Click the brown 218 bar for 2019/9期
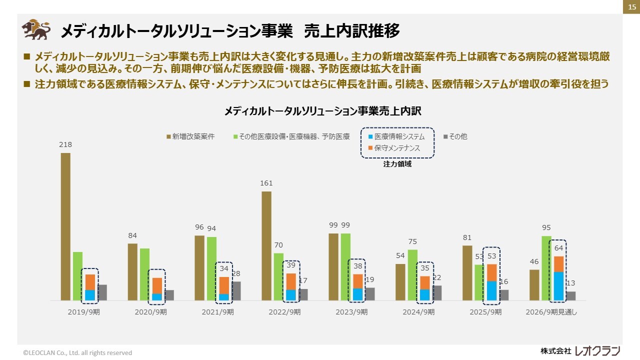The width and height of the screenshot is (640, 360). pos(65,226)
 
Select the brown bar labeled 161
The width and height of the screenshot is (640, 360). pos(266,245)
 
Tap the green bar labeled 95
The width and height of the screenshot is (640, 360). pos(546,268)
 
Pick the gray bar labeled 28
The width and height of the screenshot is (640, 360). pos(236,290)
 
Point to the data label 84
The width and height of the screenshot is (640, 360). pos(132,235)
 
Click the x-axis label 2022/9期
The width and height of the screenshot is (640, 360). pos(284,312)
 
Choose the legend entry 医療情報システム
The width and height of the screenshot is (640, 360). pos(396,136)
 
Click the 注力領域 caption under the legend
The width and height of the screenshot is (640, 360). pos(397,164)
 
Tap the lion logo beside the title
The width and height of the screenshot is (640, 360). pos(36,29)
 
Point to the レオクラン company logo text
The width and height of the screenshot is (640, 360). pos(597,350)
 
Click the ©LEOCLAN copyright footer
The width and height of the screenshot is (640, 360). pos(77,352)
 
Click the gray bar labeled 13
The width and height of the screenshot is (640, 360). pos(570,295)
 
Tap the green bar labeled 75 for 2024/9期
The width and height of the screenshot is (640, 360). pos(412,274)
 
